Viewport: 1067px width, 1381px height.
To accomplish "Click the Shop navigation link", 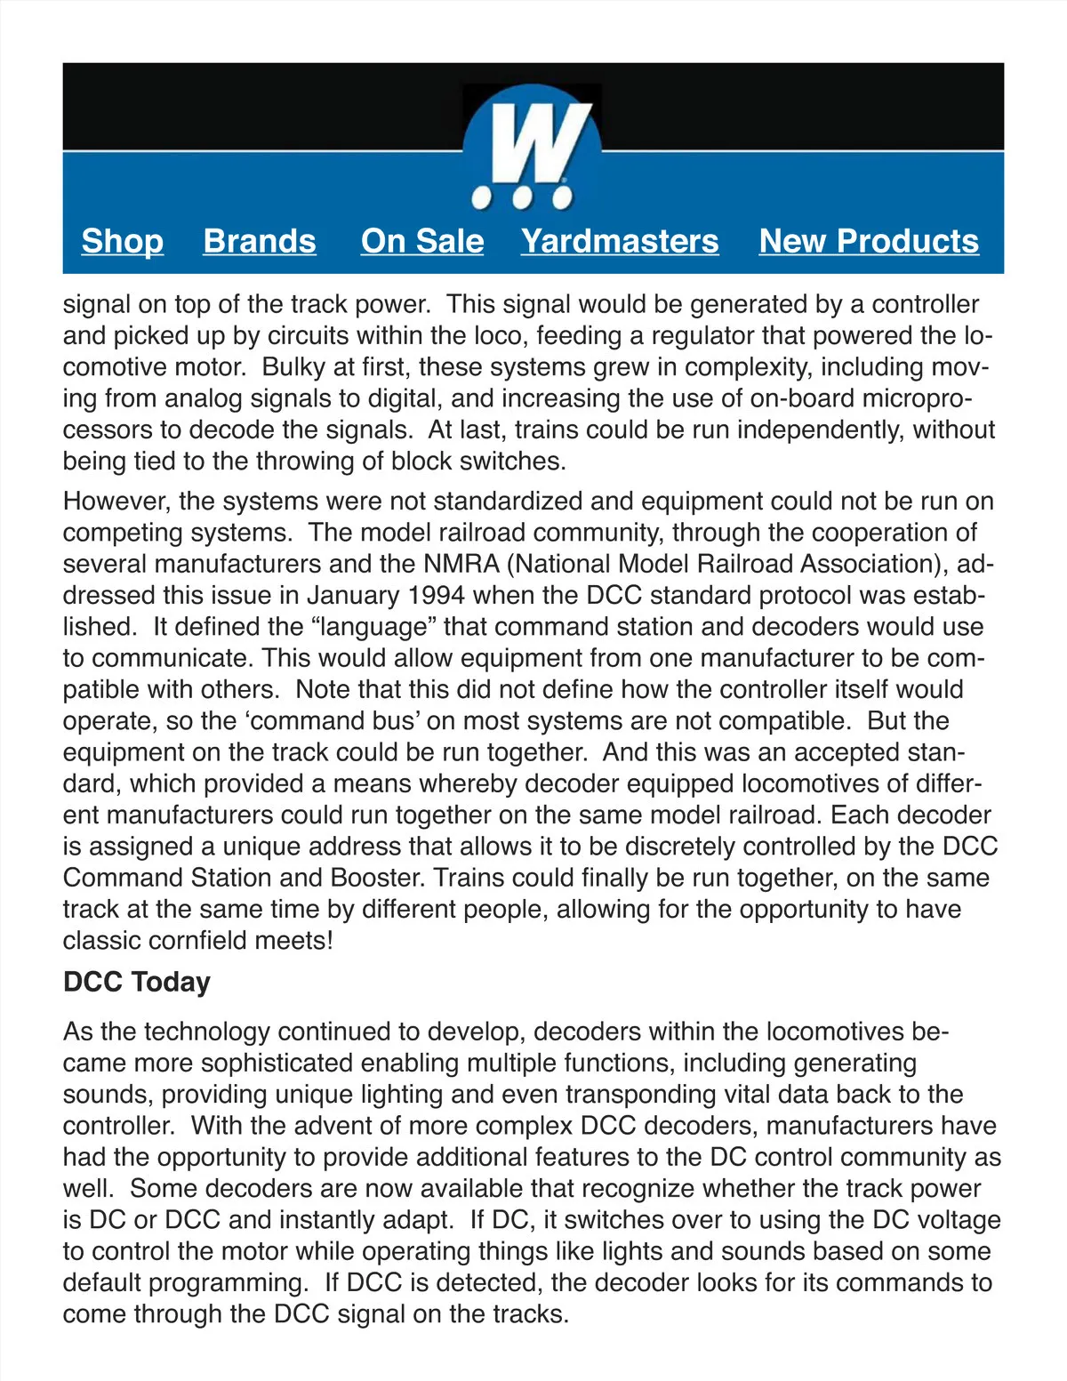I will tap(123, 241).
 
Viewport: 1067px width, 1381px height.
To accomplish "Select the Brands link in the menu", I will tap(260, 241).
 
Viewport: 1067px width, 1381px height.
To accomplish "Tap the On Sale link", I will tap(422, 241).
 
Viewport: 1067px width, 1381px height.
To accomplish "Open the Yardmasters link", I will tap(620, 241).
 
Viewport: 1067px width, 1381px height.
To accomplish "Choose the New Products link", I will tap(869, 241).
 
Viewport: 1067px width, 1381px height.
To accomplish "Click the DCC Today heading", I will tap(137, 982).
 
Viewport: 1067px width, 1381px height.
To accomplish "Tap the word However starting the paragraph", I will tap(116, 501).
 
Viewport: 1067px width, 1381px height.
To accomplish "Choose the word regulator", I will tap(720, 335).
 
